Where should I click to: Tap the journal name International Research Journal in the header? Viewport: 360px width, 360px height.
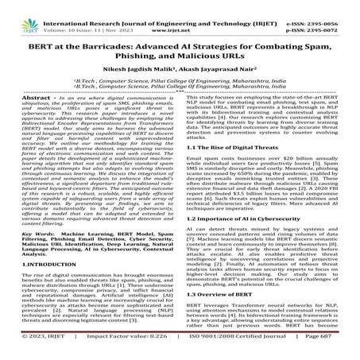click(x=119, y=8)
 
